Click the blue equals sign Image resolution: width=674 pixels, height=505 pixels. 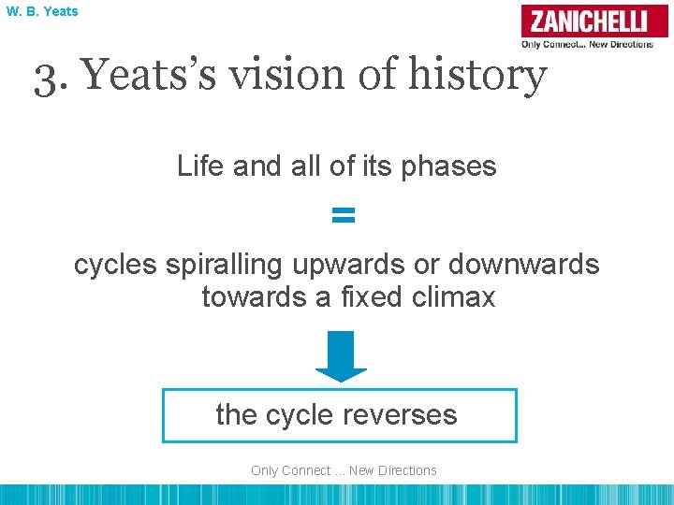point(344,216)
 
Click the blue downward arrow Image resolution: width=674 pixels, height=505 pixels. point(342,356)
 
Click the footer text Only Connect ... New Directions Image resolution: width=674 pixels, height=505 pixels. point(344,470)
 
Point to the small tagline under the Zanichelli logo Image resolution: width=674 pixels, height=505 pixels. point(588,44)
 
